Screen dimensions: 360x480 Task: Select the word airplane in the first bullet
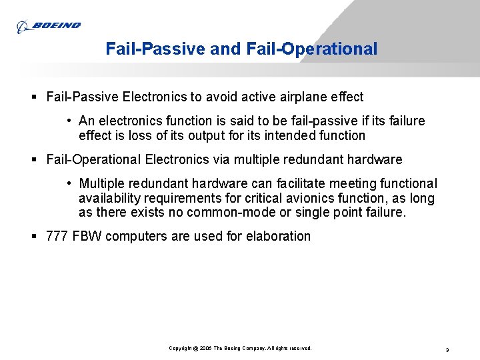click(295, 97)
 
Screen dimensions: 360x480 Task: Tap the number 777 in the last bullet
click(57, 237)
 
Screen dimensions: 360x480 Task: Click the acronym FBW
click(87, 237)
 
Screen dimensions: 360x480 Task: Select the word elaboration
click(278, 237)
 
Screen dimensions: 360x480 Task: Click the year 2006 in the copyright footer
click(204, 349)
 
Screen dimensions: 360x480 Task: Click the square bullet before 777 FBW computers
click(35, 237)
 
